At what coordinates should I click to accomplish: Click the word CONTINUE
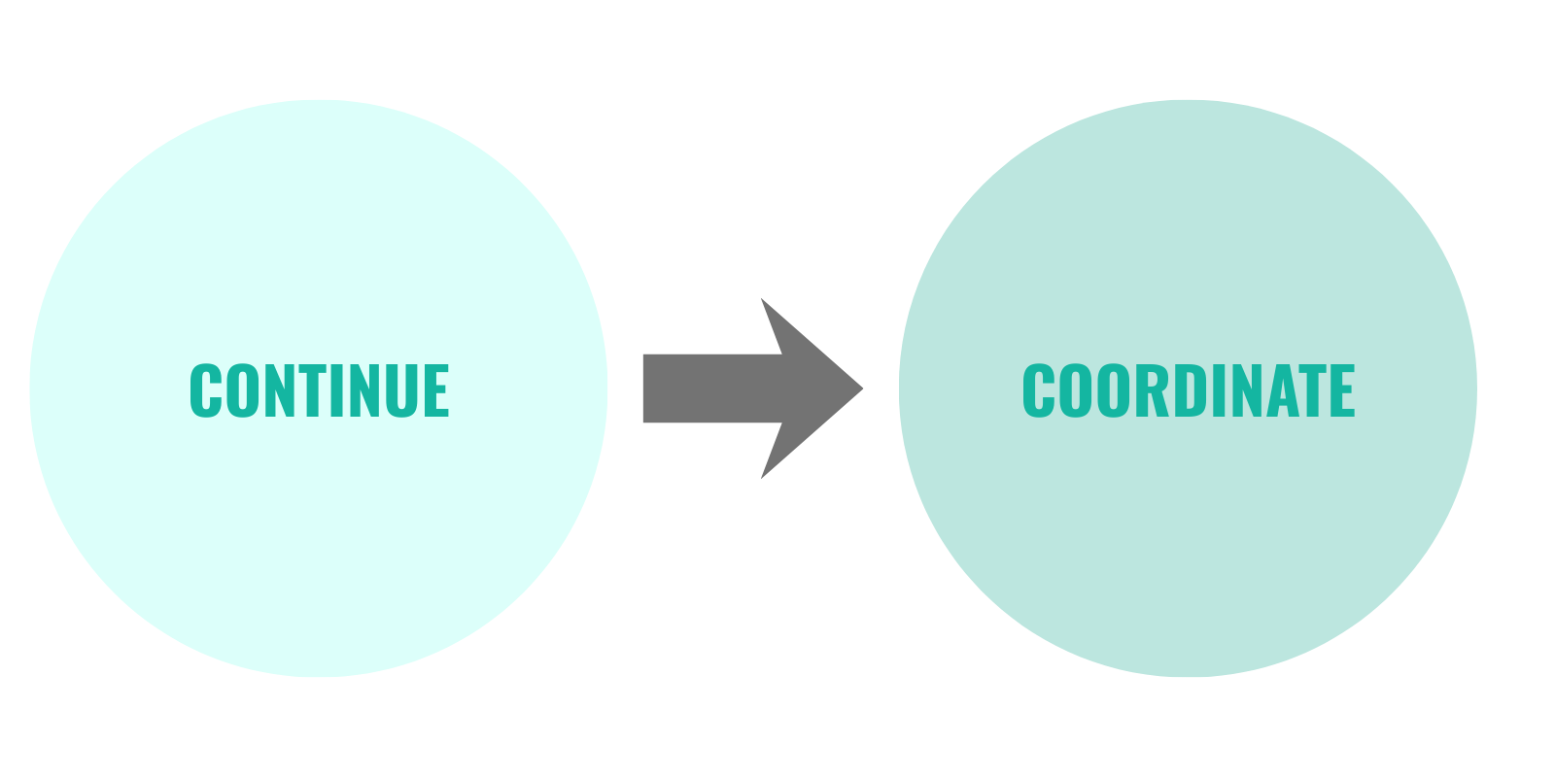[319, 390]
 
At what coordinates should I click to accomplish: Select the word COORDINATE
[1188, 390]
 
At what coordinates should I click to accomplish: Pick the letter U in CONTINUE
[401, 390]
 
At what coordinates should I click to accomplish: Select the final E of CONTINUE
[436, 390]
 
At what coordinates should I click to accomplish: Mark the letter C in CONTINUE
[206, 390]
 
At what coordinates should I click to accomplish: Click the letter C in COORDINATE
[1038, 390]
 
